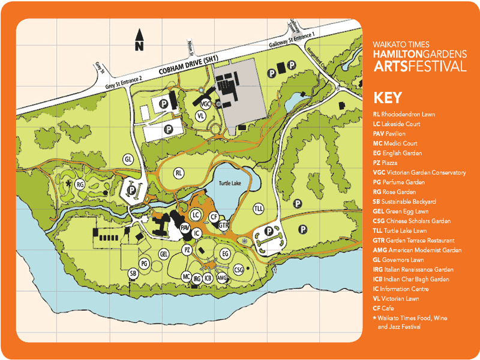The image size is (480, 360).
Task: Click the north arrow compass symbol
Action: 139,40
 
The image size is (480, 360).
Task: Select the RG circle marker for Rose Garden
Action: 79,185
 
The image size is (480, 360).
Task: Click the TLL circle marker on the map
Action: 259,208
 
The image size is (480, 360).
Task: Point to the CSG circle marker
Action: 238,269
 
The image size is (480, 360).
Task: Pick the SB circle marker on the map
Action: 133,274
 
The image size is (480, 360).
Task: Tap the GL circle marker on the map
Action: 127,160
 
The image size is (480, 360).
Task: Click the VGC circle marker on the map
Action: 205,103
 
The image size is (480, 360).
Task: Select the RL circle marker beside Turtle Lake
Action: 178,173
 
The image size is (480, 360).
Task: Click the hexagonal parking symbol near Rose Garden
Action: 131,190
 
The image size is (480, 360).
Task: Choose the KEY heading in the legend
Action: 388,98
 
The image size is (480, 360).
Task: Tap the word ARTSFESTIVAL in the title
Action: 419,65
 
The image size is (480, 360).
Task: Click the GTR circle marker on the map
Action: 223,225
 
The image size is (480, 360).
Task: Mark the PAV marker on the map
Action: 185,228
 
